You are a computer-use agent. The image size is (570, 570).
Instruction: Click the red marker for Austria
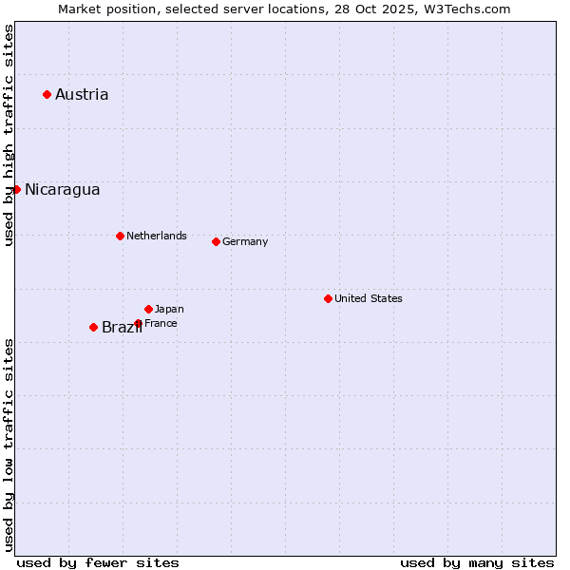[x=47, y=94]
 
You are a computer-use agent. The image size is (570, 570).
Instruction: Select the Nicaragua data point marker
[x=16, y=189]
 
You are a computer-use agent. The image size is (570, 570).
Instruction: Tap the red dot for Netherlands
[x=120, y=236]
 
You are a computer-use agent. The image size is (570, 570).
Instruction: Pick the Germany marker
[x=216, y=241]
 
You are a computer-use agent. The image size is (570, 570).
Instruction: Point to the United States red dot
[x=328, y=298]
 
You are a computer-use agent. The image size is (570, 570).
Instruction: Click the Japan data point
[x=148, y=309]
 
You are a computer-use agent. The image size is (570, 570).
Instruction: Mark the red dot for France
[x=138, y=323]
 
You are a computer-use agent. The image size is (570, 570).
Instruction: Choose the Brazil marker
[x=93, y=327]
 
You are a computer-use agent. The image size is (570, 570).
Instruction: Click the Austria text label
[x=82, y=94]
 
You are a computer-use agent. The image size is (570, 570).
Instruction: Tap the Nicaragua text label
[x=62, y=189]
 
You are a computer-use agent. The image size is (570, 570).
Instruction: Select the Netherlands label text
[x=157, y=236]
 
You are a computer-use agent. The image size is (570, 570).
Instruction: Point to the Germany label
[x=245, y=241]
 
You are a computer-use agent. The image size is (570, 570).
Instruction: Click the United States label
[x=369, y=298]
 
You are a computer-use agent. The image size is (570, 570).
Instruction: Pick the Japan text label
[x=169, y=309]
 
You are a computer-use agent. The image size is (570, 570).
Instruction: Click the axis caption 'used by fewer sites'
[x=98, y=562]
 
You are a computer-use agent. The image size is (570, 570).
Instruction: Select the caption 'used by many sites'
[x=477, y=562]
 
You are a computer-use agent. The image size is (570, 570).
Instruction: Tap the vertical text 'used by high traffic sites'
[x=9, y=135]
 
